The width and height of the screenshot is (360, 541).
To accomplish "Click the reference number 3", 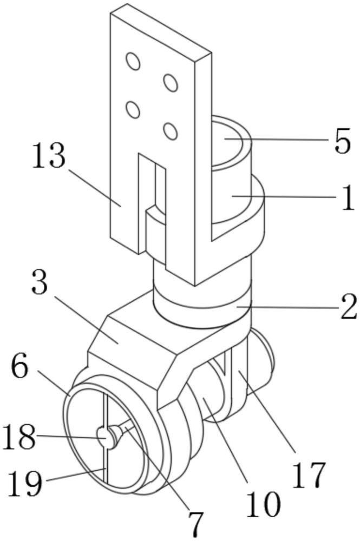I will [x=39, y=282].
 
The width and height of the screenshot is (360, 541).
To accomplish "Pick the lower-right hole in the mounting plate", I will [x=171, y=131].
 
